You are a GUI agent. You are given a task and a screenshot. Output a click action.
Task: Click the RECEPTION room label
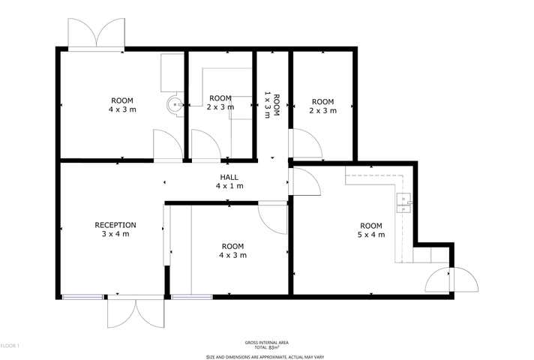click(x=115, y=224)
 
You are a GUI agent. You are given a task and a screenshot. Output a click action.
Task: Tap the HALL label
click(x=229, y=176)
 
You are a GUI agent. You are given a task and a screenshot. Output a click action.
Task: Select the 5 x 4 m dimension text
click(x=371, y=235)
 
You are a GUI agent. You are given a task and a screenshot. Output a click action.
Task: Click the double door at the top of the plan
click(x=97, y=34)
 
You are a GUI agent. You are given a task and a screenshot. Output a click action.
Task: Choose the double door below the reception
click(x=136, y=312)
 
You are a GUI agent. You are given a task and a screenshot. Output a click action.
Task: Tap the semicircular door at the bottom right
click(x=451, y=280)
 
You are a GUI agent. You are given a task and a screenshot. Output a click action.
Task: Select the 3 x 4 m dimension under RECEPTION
click(x=115, y=234)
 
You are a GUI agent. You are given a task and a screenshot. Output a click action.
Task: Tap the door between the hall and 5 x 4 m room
click(x=302, y=182)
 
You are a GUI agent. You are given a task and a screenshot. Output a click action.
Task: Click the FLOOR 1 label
click(x=9, y=346)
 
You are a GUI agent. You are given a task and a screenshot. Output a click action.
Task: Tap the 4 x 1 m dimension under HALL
click(x=229, y=186)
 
